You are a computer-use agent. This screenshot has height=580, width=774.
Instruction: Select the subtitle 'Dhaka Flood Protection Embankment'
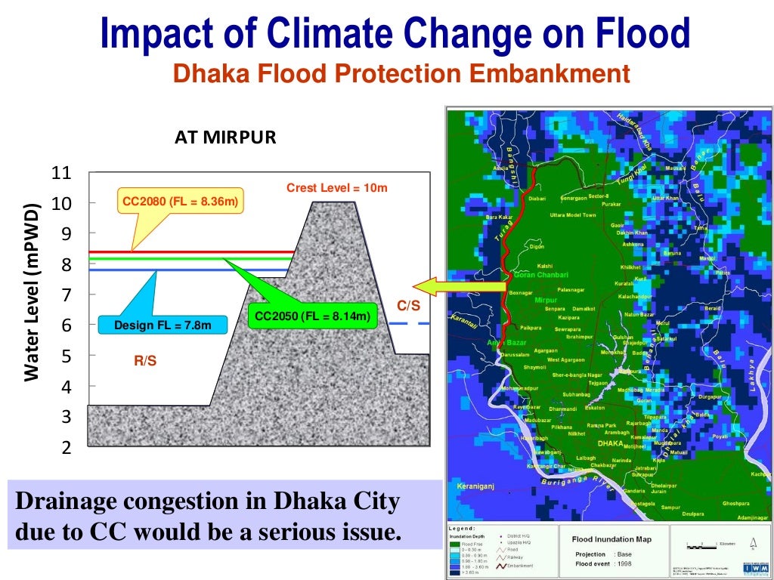pos(401,73)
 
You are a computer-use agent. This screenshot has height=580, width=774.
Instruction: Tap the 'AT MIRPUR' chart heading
pos(225,137)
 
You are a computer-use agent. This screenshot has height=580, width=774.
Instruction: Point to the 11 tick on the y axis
pos(60,173)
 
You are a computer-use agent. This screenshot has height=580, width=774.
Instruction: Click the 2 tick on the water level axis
pos(66,447)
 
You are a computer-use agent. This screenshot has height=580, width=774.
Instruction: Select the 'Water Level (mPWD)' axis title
pos(32,292)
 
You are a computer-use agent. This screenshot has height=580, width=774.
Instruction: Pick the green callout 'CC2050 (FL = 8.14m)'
pos(312,316)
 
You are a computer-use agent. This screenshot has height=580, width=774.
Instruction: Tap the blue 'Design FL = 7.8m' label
pos(163,325)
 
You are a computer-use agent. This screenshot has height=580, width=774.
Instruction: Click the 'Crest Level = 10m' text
pos(336,187)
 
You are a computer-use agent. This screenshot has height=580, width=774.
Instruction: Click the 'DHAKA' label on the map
pos(609,443)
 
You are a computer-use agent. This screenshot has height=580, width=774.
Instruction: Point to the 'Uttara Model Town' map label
pos(572,215)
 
